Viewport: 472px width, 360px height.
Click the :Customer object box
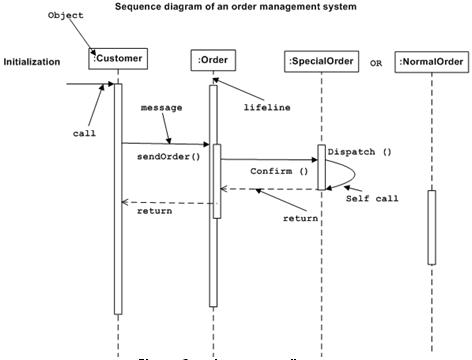tap(118, 59)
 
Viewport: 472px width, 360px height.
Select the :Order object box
tap(212, 61)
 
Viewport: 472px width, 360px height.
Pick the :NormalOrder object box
tap(431, 63)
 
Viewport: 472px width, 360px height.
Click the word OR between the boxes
tap(376, 63)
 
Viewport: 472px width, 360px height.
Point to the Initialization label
tap(32, 62)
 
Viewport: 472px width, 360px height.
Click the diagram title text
tap(236, 6)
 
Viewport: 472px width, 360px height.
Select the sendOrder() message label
tap(161, 156)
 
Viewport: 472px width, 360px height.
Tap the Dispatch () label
tap(358, 152)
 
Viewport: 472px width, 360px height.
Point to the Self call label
tap(372, 198)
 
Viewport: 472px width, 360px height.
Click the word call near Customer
tap(84, 132)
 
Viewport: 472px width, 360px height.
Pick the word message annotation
tap(161, 106)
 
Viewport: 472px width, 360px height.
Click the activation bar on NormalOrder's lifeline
tap(432, 227)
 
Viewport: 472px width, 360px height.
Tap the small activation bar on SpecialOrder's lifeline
tap(321, 167)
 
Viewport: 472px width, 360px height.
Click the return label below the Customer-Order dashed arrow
tap(154, 211)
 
